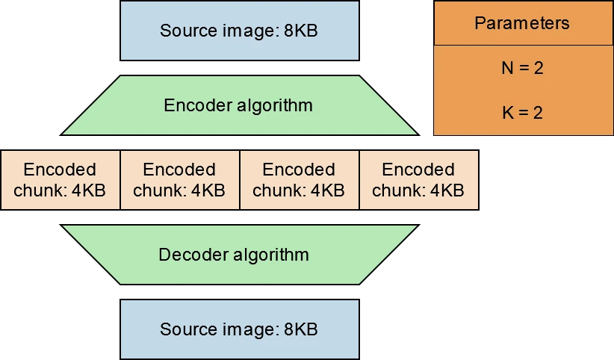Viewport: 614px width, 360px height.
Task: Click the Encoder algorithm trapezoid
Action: click(x=240, y=105)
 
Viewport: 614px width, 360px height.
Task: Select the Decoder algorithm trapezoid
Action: click(x=240, y=255)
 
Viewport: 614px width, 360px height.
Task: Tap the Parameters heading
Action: click(x=522, y=23)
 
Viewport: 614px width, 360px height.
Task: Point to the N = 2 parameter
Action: click(x=522, y=68)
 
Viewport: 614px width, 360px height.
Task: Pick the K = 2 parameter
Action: click(x=522, y=113)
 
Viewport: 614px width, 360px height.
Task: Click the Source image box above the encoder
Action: click(x=240, y=31)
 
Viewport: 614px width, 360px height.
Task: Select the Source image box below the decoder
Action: click(x=240, y=329)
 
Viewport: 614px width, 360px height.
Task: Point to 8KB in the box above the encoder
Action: click(x=301, y=31)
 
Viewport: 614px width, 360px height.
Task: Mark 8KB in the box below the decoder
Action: click(x=301, y=329)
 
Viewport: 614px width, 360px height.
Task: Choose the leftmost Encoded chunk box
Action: click(x=61, y=180)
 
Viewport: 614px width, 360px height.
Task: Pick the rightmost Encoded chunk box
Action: click(x=419, y=180)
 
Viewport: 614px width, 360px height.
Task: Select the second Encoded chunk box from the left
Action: click(x=180, y=180)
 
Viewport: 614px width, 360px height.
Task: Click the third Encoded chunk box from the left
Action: click(x=300, y=180)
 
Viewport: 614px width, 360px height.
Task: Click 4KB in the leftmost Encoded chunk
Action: click(x=88, y=190)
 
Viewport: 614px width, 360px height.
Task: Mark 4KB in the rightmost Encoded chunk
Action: click(x=447, y=190)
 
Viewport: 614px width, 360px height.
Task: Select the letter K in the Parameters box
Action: click(x=508, y=113)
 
